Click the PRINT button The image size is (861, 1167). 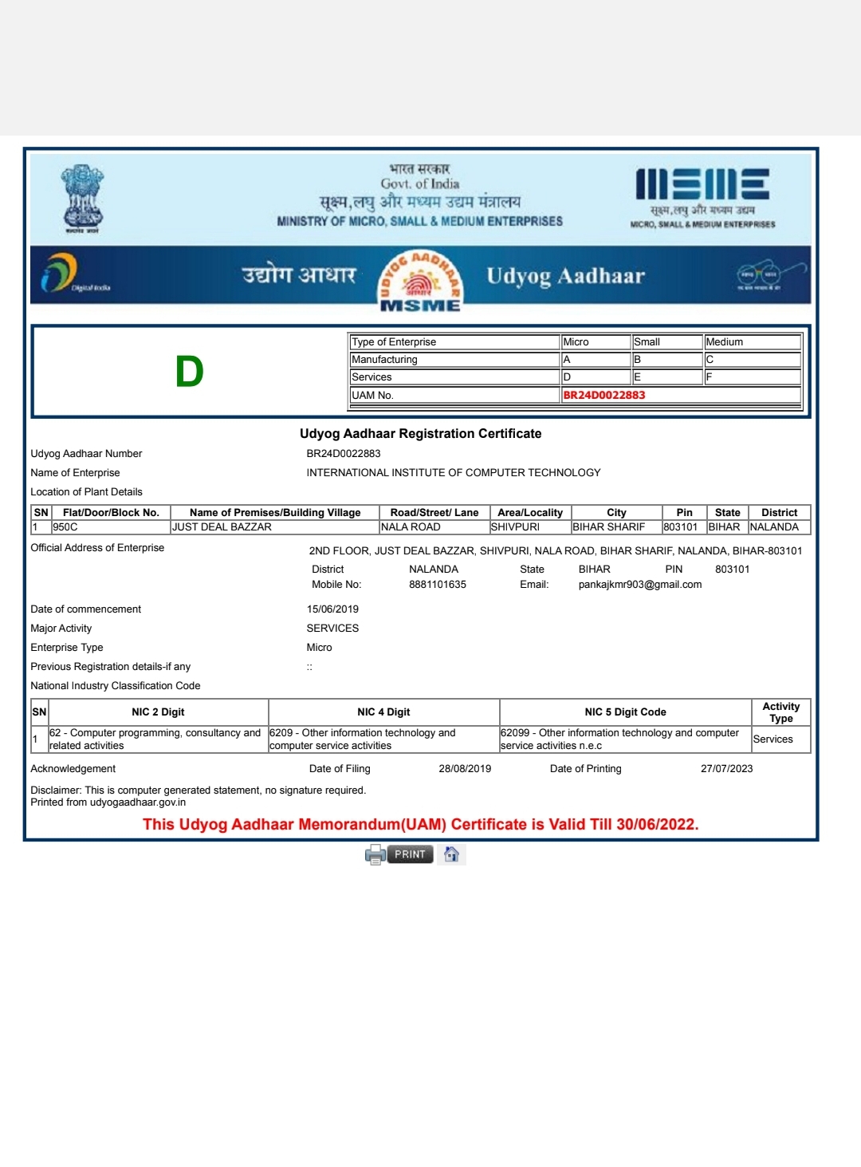409,854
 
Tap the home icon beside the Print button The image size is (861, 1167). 451,854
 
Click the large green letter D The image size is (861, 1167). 190,372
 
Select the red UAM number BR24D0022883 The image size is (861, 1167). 604,395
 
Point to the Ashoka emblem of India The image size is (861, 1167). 82,198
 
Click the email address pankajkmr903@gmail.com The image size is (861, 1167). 640,585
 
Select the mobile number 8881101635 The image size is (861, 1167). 438,585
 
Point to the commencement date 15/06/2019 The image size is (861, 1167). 332,609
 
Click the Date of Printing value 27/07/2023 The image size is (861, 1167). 726,769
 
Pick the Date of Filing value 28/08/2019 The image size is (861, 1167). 465,769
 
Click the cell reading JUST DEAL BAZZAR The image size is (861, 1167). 222,527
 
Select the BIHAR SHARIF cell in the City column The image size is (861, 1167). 609,527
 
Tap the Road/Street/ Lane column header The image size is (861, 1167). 434,513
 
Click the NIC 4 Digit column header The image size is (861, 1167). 383,712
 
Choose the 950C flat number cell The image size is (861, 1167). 65,527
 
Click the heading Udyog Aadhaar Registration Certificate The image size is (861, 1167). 421,434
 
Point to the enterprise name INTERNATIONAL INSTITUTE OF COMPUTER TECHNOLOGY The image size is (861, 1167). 454,473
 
